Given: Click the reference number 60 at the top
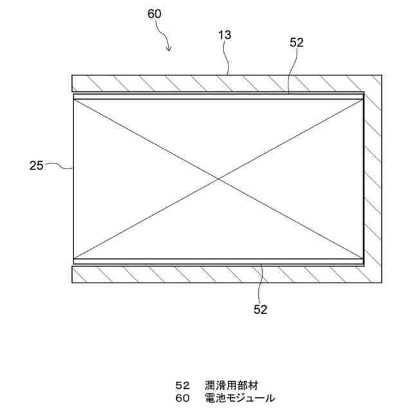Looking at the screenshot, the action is click(x=154, y=14).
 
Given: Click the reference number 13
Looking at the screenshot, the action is click(x=225, y=35).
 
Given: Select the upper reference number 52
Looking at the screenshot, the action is click(x=297, y=42).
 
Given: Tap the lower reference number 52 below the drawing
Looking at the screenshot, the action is click(x=260, y=309).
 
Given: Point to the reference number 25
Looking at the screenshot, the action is click(x=36, y=165).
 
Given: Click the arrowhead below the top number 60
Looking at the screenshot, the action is click(x=169, y=49).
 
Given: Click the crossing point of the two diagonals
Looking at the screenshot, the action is click(x=219, y=178).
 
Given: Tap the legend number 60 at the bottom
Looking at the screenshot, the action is click(x=183, y=398).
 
